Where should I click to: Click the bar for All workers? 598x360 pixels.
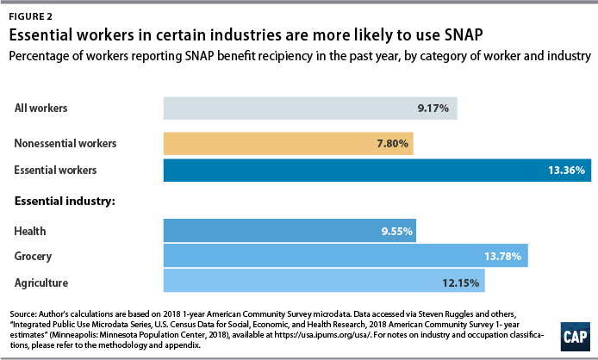click(x=310, y=109)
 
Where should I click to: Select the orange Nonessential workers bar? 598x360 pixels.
click(x=288, y=143)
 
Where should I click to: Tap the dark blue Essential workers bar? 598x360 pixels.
click(x=377, y=170)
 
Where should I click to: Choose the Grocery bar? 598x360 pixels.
click(x=345, y=256)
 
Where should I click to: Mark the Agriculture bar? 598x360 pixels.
click(x=324, y=282)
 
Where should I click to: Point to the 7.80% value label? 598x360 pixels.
click(x=390, y=143)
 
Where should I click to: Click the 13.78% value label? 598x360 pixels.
click(x=505, y=256)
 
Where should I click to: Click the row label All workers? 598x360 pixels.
click(x=41, y=109)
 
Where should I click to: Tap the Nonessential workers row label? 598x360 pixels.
click(x=65, y=143)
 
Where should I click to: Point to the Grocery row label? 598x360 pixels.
click(x=34, y=256)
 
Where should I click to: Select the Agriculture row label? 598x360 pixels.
click(x=41, y=282)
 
